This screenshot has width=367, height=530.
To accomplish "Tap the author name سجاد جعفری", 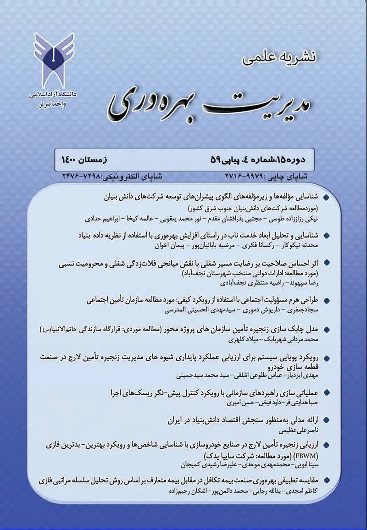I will (x=302, y=310).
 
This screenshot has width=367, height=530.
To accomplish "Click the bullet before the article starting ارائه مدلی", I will (x=326, y=420).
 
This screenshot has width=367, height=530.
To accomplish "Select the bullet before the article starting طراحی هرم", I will (x=326, y=301).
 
